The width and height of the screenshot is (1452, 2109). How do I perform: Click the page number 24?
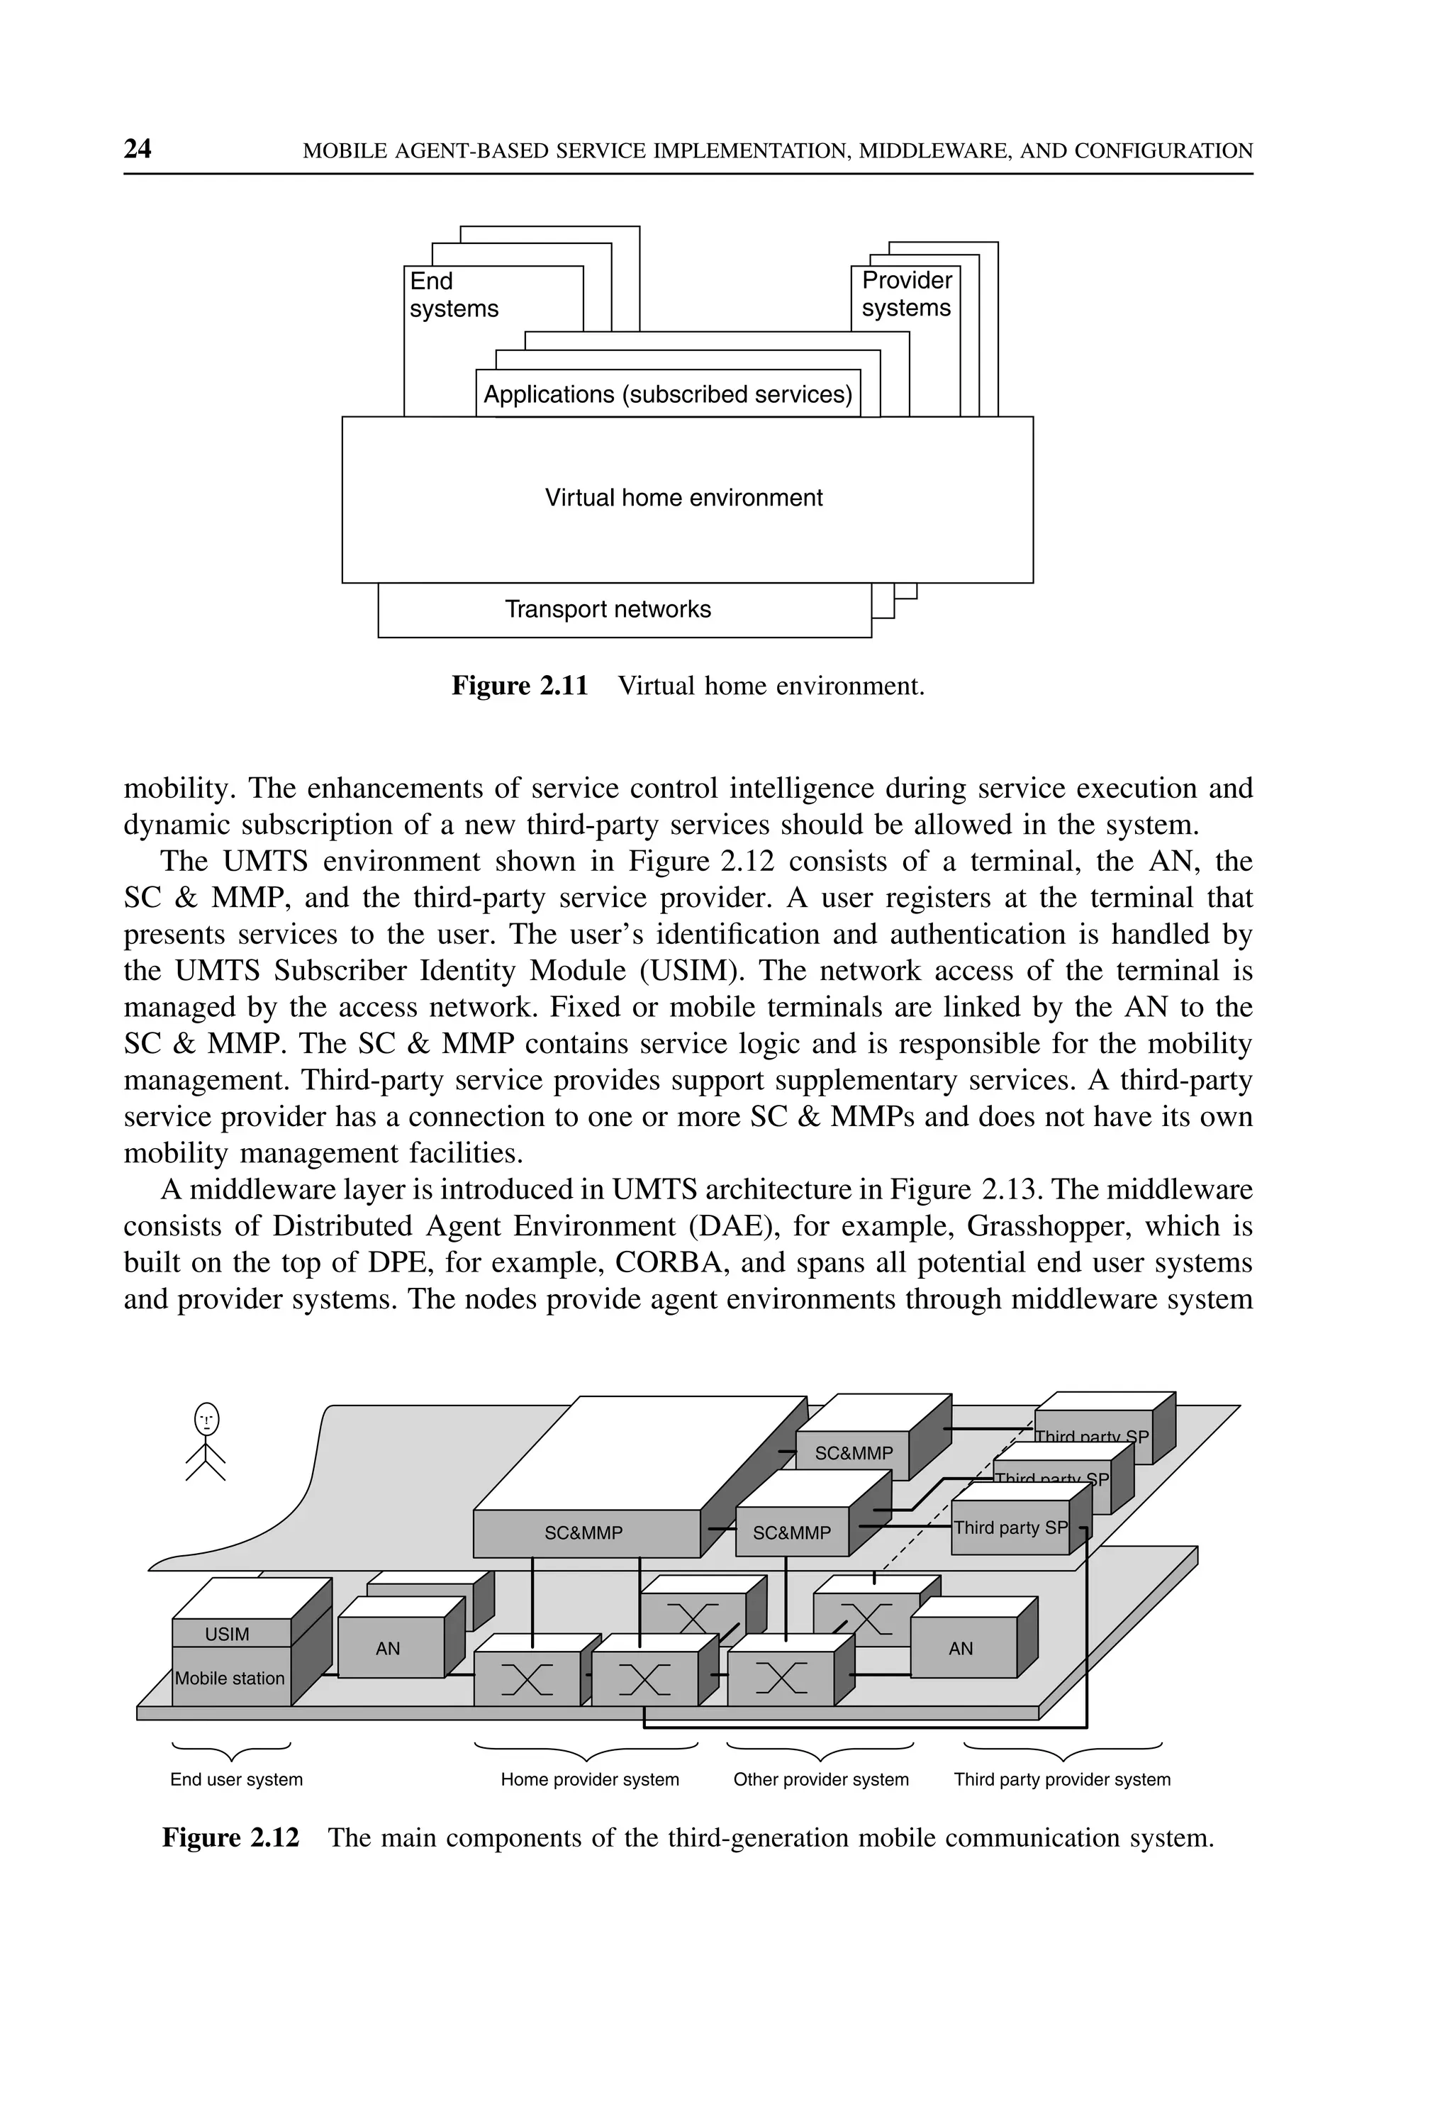tap(138, 149)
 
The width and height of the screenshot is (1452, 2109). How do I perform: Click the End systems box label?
tap(453, 295)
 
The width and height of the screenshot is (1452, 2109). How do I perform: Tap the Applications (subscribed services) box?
tap(668, 395)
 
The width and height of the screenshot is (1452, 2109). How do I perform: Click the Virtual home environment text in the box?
tap(683, 498)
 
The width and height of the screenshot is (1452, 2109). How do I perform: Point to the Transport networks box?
tap(608, 610)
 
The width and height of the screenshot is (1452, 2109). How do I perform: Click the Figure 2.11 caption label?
tap(520, 686)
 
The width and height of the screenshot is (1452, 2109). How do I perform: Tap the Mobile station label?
tap(229, 1679)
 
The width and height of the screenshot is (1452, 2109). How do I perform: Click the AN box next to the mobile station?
tap(389, 1649)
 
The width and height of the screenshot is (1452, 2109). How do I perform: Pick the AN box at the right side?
tap(961, 1649)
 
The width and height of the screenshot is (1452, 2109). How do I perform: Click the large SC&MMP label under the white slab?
tap(583, 1533)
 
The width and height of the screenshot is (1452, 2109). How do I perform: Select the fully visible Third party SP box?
tap(1010, 1528)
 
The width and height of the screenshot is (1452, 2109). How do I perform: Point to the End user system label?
tap(237, 1780)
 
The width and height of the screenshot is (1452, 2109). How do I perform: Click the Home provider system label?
tap(590, 1780)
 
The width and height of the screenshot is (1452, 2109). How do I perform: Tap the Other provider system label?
tap(820, 1780)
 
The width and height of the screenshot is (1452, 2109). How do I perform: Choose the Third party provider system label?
tap(1062, 1780)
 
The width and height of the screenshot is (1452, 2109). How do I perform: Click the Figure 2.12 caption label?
tap(230, 1838)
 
